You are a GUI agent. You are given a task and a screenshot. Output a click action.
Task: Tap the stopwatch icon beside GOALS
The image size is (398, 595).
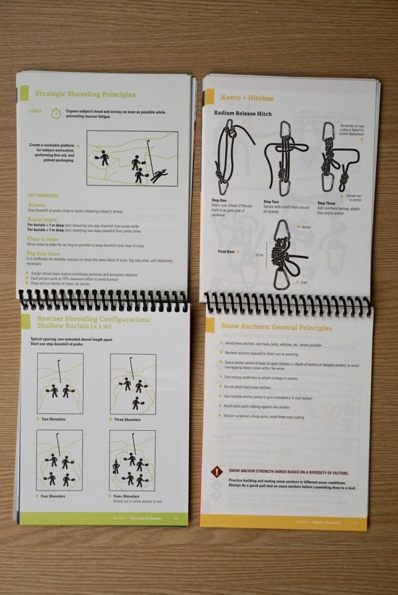click(56, 114)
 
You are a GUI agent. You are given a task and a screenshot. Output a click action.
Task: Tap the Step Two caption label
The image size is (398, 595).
click(273, 201)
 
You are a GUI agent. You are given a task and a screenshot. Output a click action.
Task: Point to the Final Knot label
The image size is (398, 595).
click(227, 252)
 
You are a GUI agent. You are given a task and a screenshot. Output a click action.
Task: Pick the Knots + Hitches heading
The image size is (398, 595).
click(247, 98)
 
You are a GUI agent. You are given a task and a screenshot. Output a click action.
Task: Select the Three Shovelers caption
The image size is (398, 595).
click(128, 420)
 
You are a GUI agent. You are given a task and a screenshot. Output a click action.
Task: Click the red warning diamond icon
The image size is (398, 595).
click(217, 471)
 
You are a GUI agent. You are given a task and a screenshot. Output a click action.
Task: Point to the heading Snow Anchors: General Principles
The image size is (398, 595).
click(276, 328)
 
